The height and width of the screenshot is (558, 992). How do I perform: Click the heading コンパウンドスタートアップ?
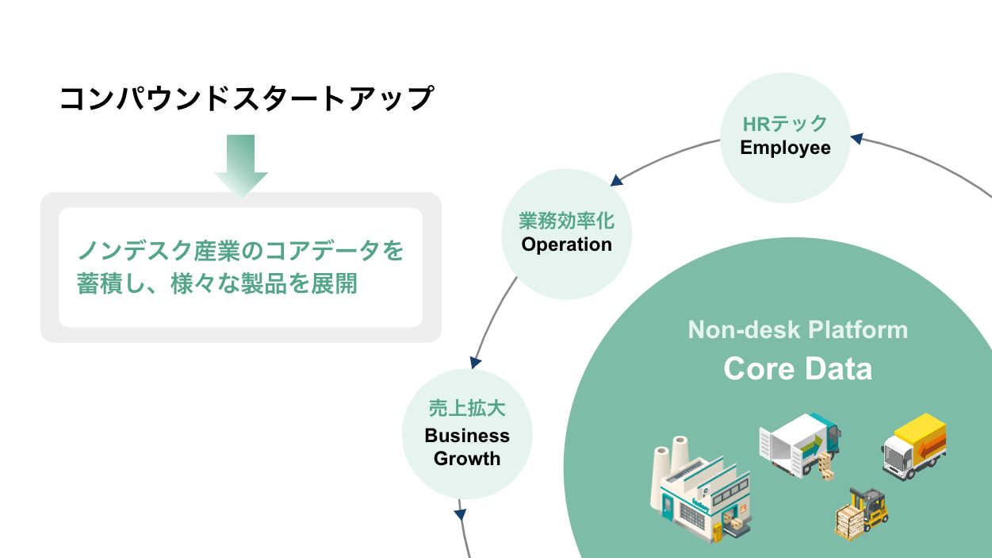(x=247, y=98)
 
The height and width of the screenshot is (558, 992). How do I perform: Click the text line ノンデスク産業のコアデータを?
(x=240, y=252)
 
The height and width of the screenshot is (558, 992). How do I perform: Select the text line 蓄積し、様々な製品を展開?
(x=216, y=284)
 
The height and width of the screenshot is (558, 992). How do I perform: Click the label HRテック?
(x=785, y=124)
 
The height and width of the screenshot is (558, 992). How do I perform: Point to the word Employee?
(x=785, y=148)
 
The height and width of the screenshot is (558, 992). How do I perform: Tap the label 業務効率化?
(x=566, y=221)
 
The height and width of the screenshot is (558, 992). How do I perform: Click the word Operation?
(x=566, y=244)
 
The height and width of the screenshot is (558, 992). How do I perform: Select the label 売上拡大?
(x=467, y=409)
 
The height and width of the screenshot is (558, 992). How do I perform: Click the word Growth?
(x=467, y=459)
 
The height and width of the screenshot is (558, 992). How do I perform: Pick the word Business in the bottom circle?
(x=467, y=436)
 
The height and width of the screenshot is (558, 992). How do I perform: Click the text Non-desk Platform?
(x=798, y=329)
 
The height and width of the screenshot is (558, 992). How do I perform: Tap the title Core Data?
(x=798, y=369)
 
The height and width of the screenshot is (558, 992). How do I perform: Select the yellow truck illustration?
(x=915, y=447)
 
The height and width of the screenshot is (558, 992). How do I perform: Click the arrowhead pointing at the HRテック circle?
(x=857, y=139)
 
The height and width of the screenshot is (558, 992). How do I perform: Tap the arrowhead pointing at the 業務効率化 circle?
(x=615, y=181)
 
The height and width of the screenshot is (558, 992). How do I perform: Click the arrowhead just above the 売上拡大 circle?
(x=476, y=362)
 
